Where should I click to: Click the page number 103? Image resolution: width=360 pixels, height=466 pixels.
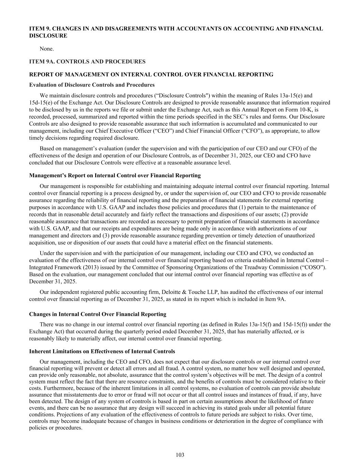coord(180,455)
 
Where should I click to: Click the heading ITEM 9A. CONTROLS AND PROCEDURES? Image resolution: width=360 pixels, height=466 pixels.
coord(87,62)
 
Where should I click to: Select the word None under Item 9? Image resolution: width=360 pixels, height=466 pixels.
coord(47,49)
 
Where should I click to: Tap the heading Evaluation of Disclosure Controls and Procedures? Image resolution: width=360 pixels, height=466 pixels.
coord(92,85)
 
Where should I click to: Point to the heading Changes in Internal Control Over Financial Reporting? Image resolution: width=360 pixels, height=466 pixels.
coord(98,314)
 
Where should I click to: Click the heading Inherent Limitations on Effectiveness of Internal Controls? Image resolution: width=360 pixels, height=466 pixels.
coord(102,351)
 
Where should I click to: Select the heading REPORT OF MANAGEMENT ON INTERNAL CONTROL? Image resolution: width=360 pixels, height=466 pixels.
coord(151,74)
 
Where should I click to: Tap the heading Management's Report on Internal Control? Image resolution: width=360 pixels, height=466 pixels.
coord(115,175)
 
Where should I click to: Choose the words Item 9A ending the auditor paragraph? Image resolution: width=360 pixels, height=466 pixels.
coord(277,299)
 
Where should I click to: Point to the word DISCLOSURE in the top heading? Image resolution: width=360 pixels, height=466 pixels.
coord(48,36)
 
